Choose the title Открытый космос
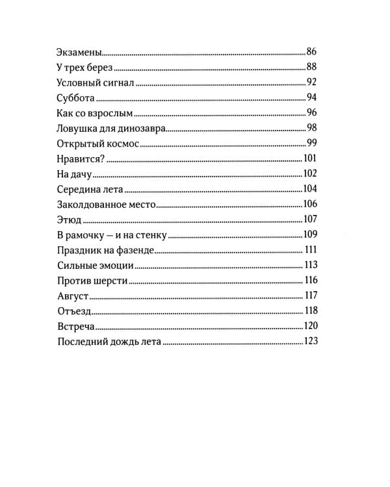click(97, 143)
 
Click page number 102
click(309, 173)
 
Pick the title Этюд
click(69, 219)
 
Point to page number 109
click(309, 234)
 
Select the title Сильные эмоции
click(96, 265)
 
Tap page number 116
click(310, 281)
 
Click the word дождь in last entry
click(122, 342)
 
